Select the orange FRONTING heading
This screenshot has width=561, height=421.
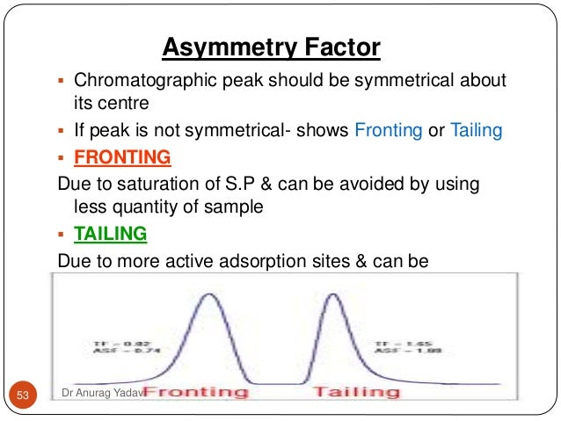[123, 157]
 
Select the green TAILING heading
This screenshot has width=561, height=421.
[111, 235]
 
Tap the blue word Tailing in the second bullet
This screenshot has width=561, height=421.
[476, 131]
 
